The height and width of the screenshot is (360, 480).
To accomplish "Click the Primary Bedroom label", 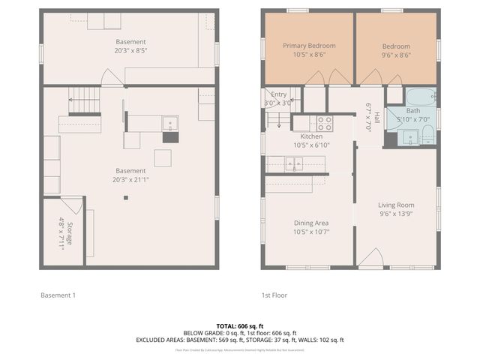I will coord(309,46).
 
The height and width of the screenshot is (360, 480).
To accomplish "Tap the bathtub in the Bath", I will coord(421,97).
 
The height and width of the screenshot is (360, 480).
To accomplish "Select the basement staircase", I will coord(83,96).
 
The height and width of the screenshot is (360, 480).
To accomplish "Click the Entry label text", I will coord(279,94).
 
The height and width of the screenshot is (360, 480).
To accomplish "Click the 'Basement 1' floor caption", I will coord(58,295).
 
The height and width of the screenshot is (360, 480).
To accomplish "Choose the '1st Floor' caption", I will coord(274,295).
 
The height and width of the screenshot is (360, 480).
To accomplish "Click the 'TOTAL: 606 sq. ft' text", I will coord(239,325).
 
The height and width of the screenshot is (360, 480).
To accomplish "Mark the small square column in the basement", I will coord(126,198).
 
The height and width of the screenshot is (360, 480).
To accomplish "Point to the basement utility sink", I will coord(170,122).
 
